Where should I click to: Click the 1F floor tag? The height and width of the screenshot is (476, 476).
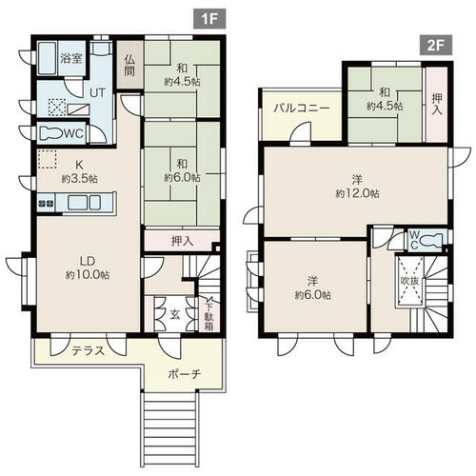tap(209, 19)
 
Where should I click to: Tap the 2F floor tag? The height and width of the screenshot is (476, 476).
tap(435, 46)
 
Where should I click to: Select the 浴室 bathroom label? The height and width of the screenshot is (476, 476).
tap(71, 58)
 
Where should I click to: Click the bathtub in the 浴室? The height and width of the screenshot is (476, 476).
tap(48, 58)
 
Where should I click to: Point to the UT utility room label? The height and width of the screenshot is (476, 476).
tap(97, 93)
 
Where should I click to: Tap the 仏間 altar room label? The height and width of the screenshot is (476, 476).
tap(129, 65)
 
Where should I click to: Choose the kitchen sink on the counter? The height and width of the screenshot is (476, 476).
tap(84, 202)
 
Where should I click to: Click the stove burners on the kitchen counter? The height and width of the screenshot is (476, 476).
tap(46, 203)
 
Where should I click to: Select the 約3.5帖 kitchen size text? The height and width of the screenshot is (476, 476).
tap(80, 178)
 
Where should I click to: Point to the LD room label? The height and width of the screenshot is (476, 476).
tap(88, 261)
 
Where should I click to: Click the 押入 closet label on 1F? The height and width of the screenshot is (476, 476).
tap(182, 242)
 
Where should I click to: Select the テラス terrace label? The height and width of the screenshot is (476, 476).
tap(88, 351)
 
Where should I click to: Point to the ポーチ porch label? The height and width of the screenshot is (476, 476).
tap(185, 374)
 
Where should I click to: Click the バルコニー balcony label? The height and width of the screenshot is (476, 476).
tap(302, 109)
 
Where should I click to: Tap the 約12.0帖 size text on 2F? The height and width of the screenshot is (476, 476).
tap(357, 193)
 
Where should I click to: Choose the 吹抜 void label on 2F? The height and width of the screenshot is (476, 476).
tap(409, 281)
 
